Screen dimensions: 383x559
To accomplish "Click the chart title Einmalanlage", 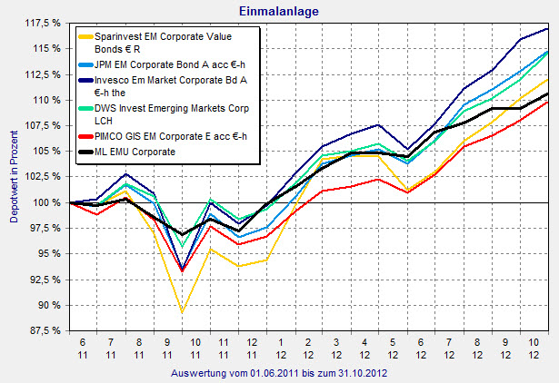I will click(x=279, y=12).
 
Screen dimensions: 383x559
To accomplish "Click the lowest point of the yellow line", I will click(x=183, y=312).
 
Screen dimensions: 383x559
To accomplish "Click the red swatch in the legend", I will click(x=88, y=137).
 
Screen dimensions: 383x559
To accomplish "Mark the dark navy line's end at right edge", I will click(x=547, y=29).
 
